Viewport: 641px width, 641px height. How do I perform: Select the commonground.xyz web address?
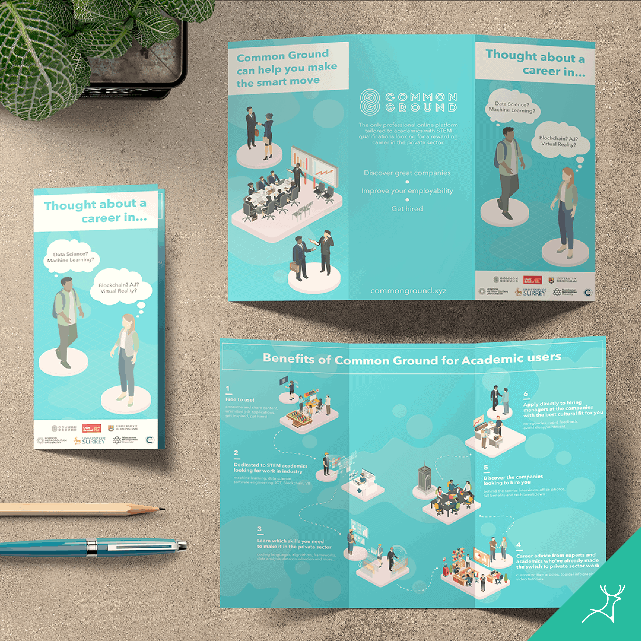(408, 291)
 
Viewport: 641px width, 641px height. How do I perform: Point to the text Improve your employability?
(407, 191)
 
